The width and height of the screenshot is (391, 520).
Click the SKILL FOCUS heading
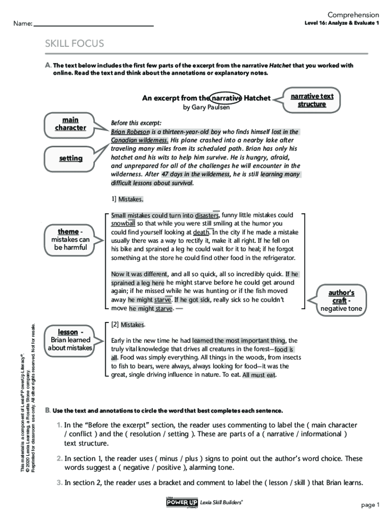[x=74, y=44]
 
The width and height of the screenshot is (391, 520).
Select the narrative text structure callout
[x=312, y=100]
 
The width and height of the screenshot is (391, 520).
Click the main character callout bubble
[x=71, y=123]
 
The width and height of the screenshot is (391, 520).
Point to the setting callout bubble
[x=71, y=158]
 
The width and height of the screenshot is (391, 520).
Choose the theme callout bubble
[x=71, y=239]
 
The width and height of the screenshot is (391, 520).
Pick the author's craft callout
[x=341, y=300]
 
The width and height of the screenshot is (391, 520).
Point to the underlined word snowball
[x=123, y=223]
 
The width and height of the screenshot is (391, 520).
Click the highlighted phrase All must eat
[x=259, y=375]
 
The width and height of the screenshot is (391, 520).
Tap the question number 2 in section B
[x=59, y=459]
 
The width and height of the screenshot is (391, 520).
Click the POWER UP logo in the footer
[x=182, y=502]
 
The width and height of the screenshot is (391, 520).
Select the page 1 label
[x=370, y=504]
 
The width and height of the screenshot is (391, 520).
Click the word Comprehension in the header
[x=353, y=15]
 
